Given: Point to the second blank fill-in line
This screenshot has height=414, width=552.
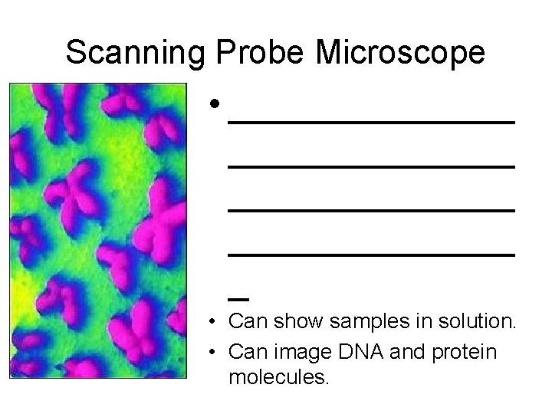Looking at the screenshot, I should [x=371, y=166].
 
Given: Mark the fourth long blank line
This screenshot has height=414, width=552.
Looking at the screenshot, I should [x=371, y=253].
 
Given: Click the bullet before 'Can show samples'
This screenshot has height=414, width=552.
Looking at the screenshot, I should [x=219, y=321].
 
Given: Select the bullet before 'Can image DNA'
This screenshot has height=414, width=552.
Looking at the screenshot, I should [x=219, y=353].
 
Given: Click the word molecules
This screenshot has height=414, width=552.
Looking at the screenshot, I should [x=279, y=376].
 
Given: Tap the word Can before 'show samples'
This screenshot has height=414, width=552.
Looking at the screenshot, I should [x=245, y=321].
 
